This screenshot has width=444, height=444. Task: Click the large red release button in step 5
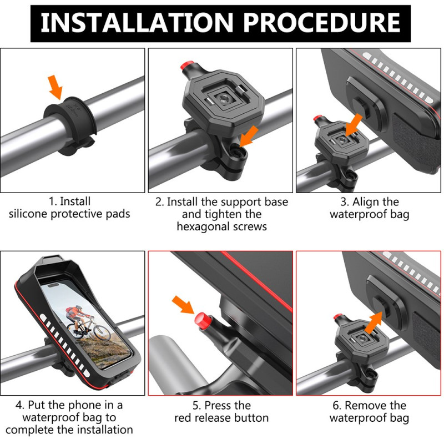point(200,321)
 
